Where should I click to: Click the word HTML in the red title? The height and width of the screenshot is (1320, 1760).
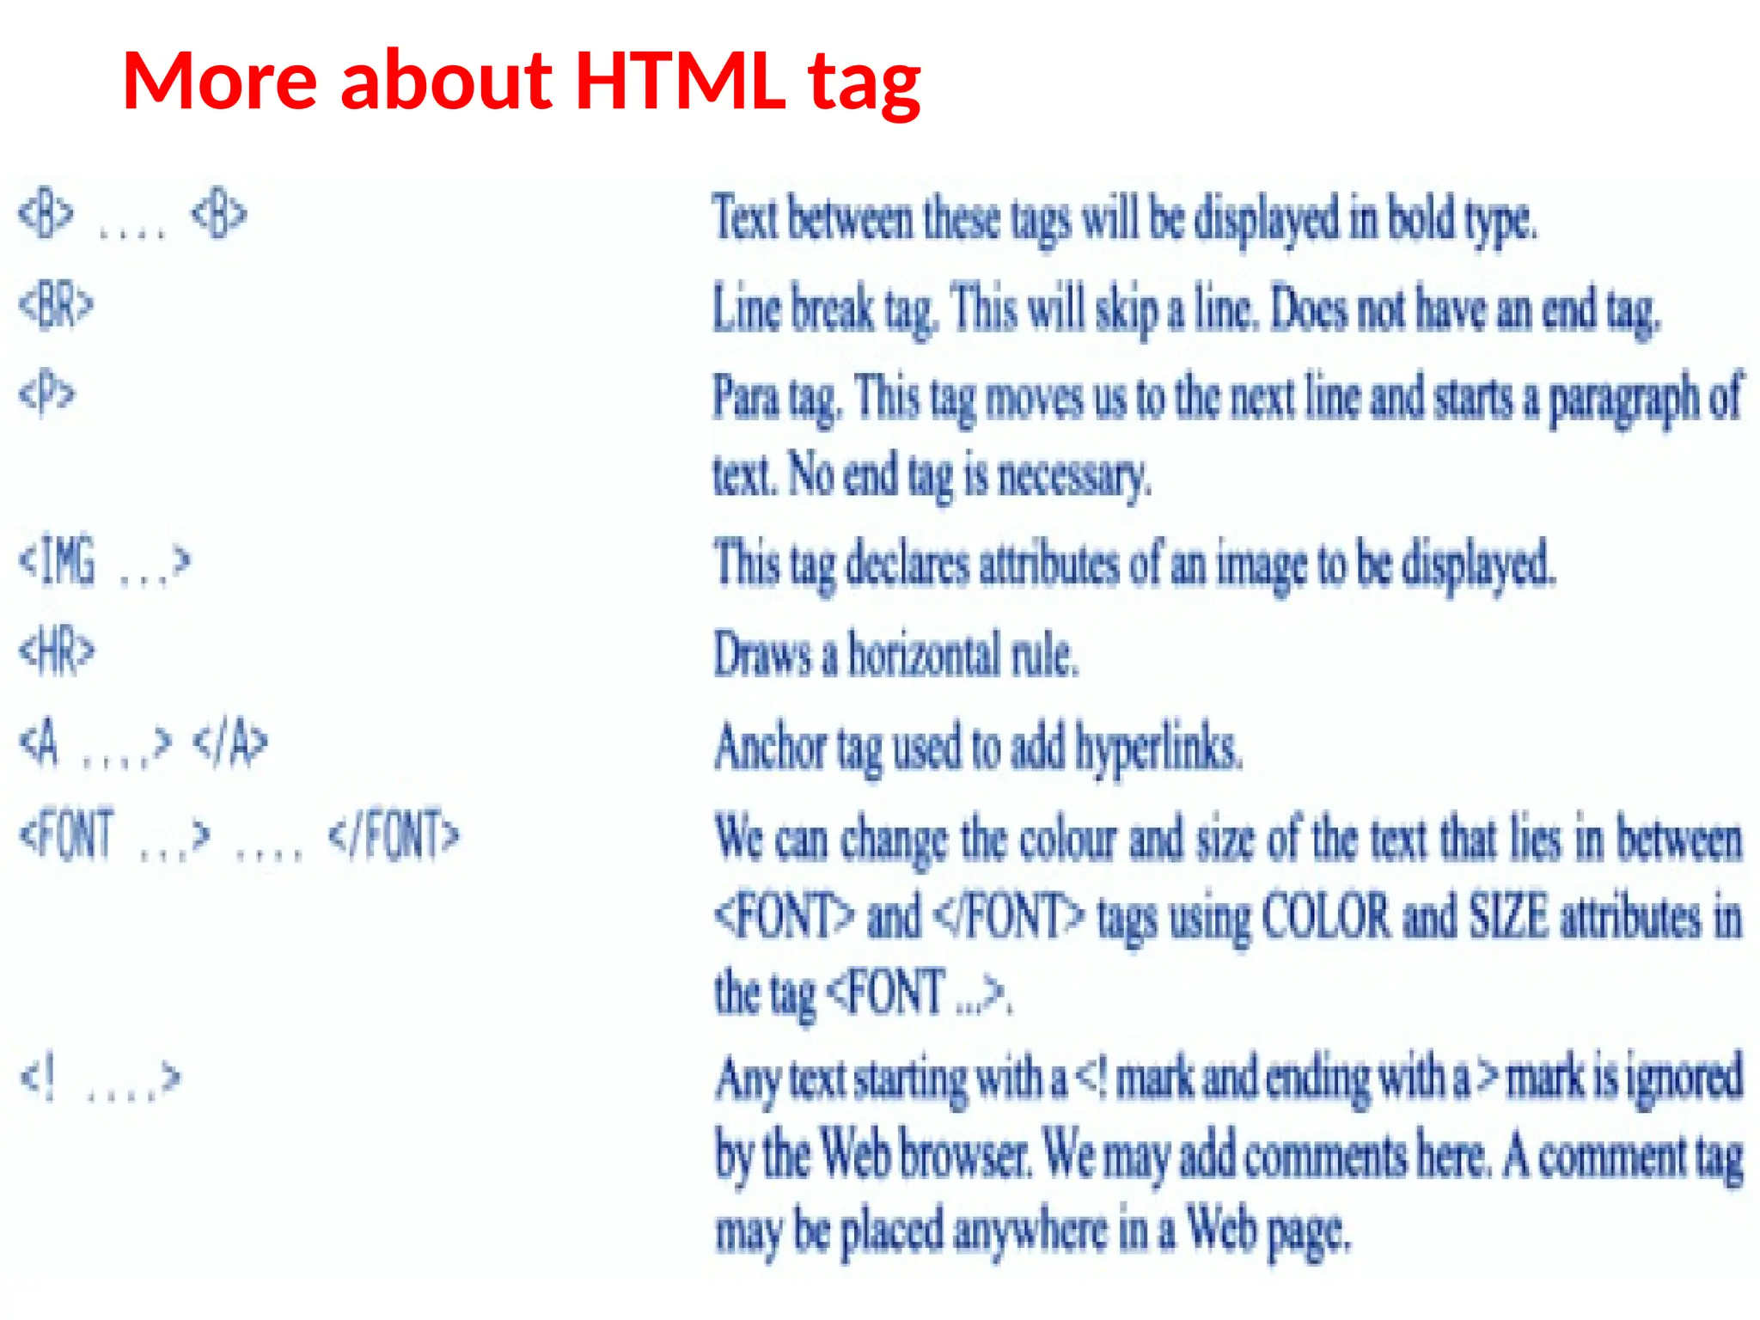click(x=680, y=81)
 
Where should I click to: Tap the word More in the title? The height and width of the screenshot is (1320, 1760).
click(x=220, y=81)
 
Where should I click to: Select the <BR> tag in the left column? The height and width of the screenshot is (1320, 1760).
click(x=57, y=305)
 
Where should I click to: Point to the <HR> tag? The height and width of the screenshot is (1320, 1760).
click(x=57, y=651)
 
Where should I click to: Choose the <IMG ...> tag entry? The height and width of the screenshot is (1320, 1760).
click(x=104, y=561)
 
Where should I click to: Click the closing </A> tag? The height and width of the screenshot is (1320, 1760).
click(x=230, y=742)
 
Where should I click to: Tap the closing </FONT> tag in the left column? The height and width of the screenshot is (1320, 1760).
click(x=394, y=834)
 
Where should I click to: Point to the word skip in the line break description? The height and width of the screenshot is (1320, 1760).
click(x=1126, y=309)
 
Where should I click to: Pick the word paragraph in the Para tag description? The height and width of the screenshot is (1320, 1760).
click(x=1623, y=400)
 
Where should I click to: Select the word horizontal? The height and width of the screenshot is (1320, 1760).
click(x=924, y=655)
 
